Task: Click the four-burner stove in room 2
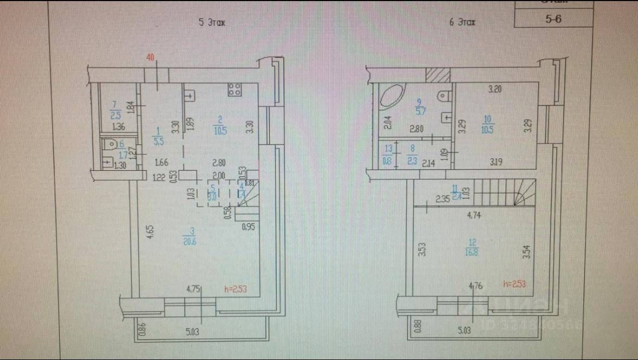point(234,90)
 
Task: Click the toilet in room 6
point(109,145)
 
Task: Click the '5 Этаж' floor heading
point(211,23)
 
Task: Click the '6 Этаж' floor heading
point(462,23)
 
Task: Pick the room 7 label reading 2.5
point(115,115)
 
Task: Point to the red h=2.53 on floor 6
point(515,283)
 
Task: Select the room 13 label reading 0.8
point(387,160)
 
